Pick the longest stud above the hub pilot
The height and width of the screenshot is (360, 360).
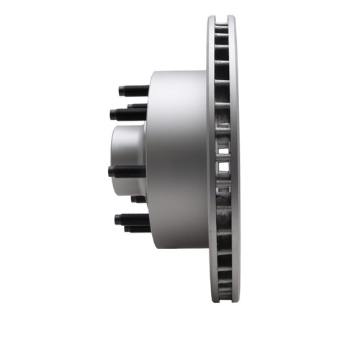[x=127, y=113]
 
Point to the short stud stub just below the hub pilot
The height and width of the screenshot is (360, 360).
[x=138, y=199]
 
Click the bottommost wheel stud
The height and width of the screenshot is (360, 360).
[x=137, y=229]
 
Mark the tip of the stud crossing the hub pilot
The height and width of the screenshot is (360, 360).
[x=110, y=171]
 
